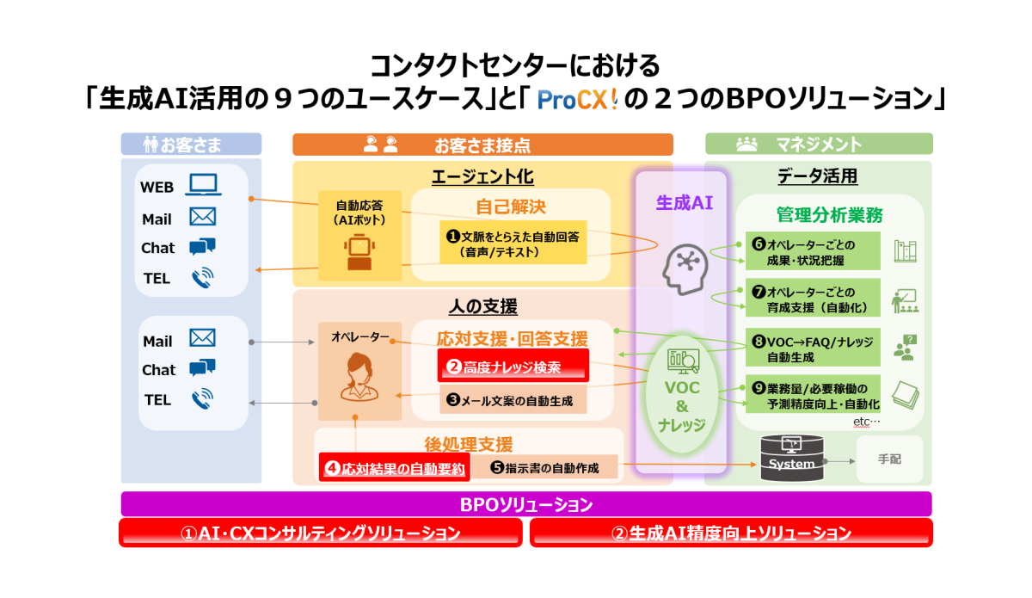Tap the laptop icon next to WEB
click(204, 186)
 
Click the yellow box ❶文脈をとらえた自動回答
click(513, 243)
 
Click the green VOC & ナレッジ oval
click(682, 394)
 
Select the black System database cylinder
click(791, 459)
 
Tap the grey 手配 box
click(889, 459)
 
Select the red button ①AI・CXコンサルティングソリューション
click(320, 533)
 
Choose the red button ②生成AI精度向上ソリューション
click(731, 533)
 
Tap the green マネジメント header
click(818, 144)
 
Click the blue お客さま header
click(190, 144)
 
